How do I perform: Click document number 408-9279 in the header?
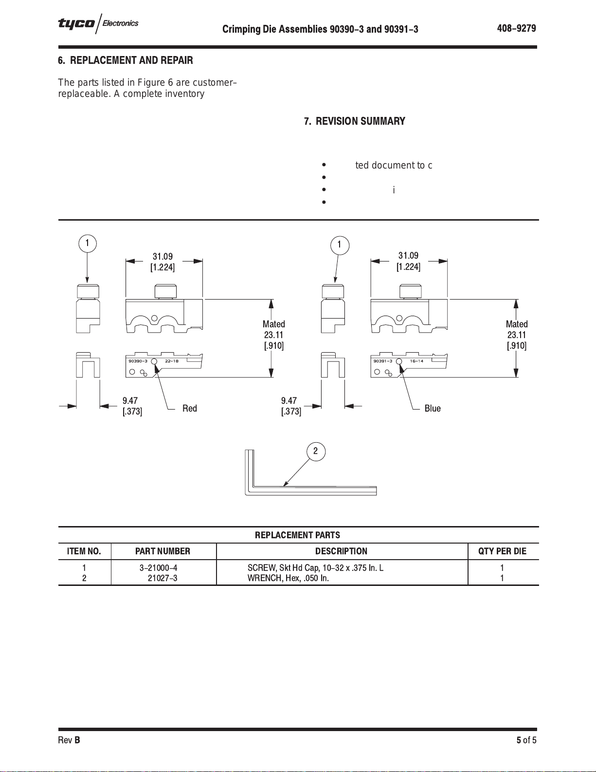tap(516, 28)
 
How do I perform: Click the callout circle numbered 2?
tap(316, 451)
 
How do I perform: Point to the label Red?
tap(190, 408)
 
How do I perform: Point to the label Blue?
tap(433, 408)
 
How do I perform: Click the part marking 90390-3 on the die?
tap(138, 361)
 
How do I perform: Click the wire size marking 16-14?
tap(416, 361)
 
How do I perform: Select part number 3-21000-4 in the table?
tap(159, 567)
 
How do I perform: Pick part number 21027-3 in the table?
tap(163, 578)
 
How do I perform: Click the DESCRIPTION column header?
tap(341, 551)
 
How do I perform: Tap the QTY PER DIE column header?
tap(502, 551)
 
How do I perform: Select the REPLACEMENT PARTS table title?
tap(297, 535)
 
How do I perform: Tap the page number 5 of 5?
tap(526, 740)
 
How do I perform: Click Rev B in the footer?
tap(69, 740)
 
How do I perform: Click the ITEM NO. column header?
tap(84, 551)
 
